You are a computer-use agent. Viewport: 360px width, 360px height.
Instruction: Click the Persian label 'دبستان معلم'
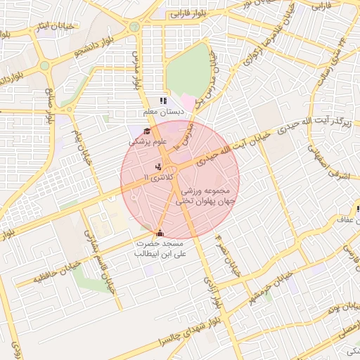164,112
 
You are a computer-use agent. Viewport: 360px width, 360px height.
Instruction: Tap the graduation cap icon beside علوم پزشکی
147,131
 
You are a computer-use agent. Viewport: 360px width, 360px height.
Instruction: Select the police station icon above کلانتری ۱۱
159,167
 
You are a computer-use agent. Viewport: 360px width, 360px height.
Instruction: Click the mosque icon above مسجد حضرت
160,233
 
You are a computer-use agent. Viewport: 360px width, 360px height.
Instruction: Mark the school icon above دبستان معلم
164,101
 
